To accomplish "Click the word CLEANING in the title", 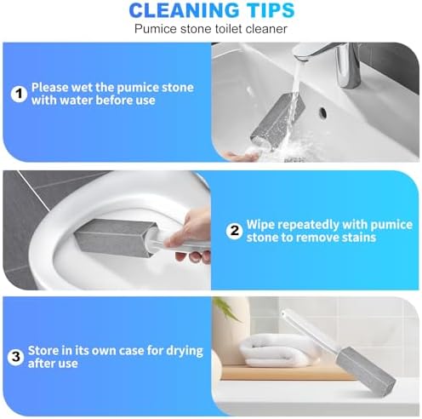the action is [184, 10].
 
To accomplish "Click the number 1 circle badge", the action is [19, 94].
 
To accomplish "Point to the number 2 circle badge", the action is [234, 231].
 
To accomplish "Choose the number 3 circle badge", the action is [15, 357].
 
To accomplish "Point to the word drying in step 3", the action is [185, 352].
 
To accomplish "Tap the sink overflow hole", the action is [322, 112].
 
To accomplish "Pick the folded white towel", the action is [279, 350].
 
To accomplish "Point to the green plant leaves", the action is [227, 308].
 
